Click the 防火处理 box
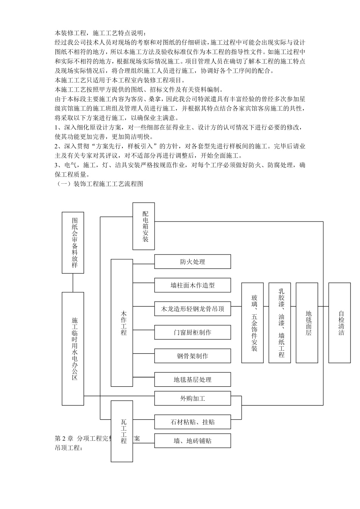pos(193,262)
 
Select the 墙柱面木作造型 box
pos(193,285)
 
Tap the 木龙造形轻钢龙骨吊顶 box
pos(193,309)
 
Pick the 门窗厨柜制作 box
pos(193,332)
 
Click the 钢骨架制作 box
pos(193,356)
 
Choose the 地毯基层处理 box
pos(193,379)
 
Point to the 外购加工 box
pos(193,398)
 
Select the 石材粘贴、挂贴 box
pos(193,422)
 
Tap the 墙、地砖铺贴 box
pos(193,441)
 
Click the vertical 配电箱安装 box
pos(144,226)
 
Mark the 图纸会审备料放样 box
pos(73,242)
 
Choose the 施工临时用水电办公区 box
pos(73,348)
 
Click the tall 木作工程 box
pos(122,323)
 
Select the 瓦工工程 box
pos(122,431)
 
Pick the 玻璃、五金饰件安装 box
pos(252,323)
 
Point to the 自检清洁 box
pos(340,323)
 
